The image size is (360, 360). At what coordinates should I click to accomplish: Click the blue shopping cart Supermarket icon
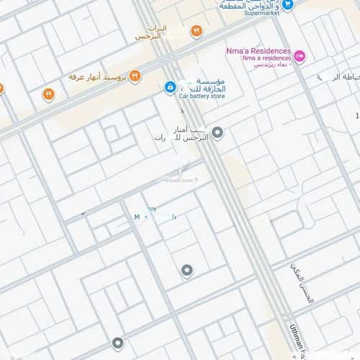[x=288, y=4]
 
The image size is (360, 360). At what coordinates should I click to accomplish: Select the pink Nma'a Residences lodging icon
[x=300, y=55]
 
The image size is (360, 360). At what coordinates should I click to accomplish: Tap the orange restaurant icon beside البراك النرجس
[x=196, y=31]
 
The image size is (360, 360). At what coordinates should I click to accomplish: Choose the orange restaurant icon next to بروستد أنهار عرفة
[x=135, y=76]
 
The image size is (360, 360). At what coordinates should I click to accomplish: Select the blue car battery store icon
[x=170, y=87]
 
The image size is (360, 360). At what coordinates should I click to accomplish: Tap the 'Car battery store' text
[x=202, y=95]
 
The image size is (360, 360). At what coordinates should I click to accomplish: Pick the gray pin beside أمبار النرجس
[x=217, y=132]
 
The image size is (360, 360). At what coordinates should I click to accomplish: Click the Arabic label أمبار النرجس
[x=180, y=133]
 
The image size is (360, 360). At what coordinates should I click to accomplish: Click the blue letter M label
[x=137, y=216]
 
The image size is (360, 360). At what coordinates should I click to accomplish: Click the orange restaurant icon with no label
[x=48, y=94]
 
